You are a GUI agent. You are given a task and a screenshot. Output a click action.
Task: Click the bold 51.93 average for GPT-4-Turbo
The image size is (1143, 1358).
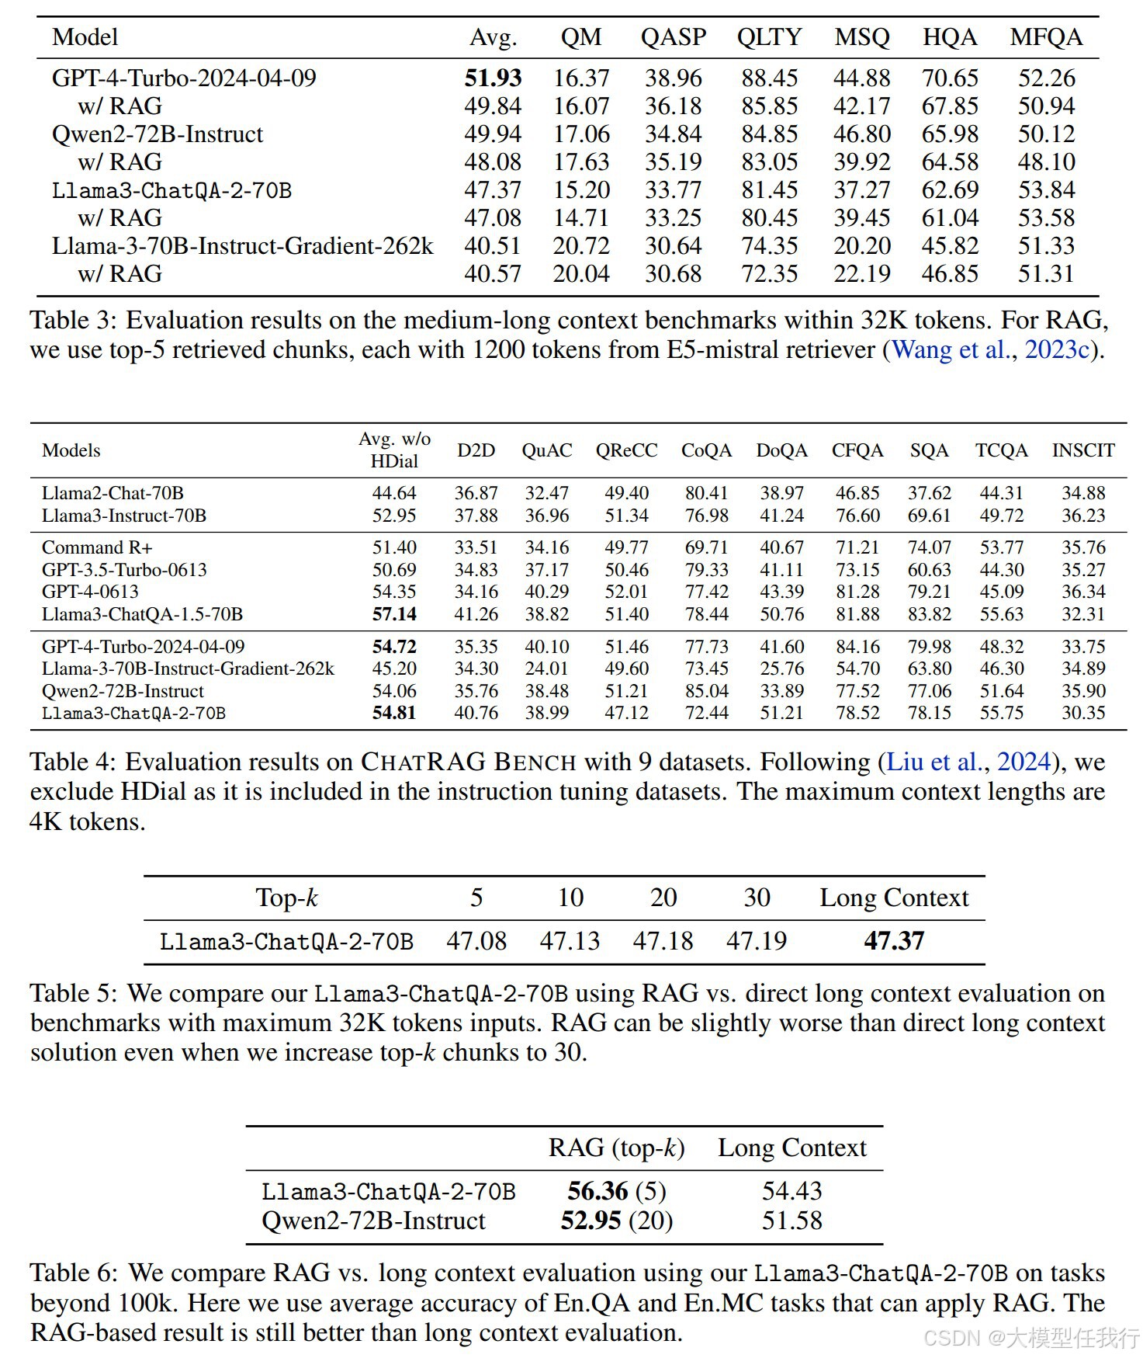click(493, 78)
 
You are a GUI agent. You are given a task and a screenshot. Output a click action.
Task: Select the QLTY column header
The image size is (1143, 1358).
click(769, 37)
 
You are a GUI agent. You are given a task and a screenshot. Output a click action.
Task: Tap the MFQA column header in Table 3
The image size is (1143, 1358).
click(1046, 37)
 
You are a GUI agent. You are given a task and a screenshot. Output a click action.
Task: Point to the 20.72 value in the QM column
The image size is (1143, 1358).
click(581, 246)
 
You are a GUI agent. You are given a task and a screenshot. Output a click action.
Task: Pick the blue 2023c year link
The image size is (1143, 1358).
click(1057, 349)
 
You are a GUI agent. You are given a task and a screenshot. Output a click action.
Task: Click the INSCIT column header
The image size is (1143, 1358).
click(1082, 450)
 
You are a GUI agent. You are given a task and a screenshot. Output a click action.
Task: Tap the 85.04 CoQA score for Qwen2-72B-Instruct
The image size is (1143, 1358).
click(706, 691)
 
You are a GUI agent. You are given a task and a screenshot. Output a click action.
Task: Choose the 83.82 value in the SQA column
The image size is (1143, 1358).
click(930, 614)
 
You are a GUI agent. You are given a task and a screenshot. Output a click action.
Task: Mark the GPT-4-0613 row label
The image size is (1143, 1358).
click(90, 592)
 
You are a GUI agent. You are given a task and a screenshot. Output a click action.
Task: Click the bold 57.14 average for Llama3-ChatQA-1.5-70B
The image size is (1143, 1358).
click(394, 614)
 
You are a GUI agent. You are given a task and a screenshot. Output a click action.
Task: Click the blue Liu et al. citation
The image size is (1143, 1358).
click(933, 762)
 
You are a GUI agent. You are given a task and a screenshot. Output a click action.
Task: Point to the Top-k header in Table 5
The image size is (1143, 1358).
click(286, 898)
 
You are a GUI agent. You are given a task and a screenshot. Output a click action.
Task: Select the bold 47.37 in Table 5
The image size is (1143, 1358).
click(894, 941)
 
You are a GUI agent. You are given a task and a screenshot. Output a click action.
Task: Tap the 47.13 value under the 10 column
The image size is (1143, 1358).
click(570, 941)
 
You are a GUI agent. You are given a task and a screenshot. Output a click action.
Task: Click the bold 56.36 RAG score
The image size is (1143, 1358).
click(597, 1191)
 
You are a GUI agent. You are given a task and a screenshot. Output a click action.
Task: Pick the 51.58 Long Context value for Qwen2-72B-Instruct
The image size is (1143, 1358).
click(791, 1221)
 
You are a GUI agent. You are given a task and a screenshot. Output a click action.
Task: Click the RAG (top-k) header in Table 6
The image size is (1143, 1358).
click(616, 1148)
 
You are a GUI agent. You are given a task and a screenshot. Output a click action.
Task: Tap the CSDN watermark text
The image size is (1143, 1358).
click(1032, 1337)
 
